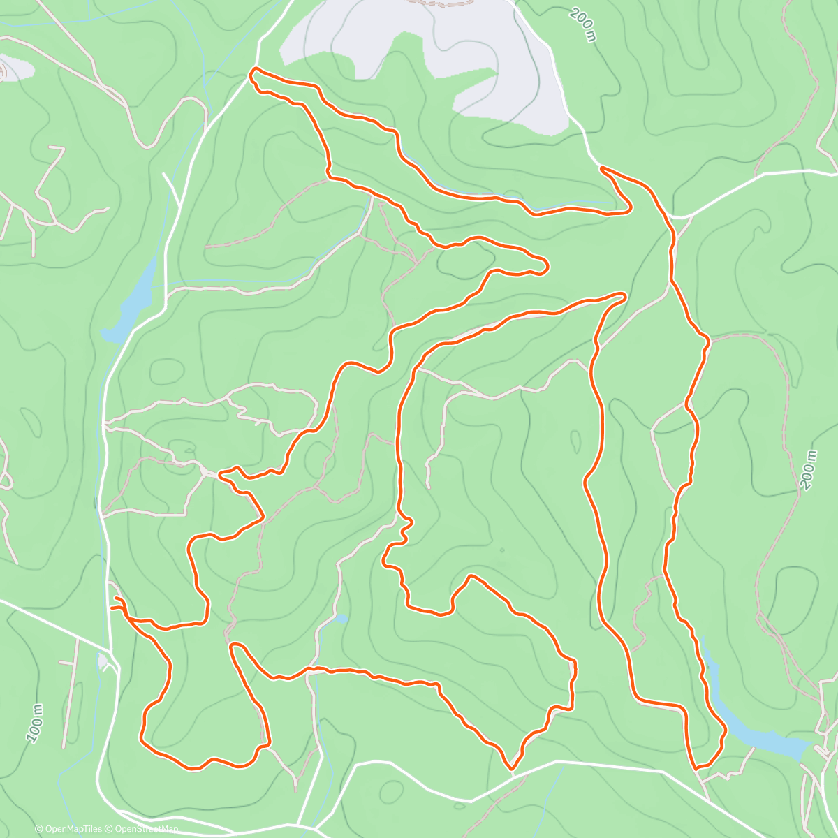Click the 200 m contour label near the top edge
click(x=582, y=25)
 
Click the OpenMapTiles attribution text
click(x=73, y=829)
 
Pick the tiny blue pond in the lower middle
click(x=341, y=619)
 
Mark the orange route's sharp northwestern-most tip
click(x=253, y=70)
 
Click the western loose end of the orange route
click(x=112, y=608)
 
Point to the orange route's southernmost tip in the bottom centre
click(x=512, y=768)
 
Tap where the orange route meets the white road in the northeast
click(x=602, y=168)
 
